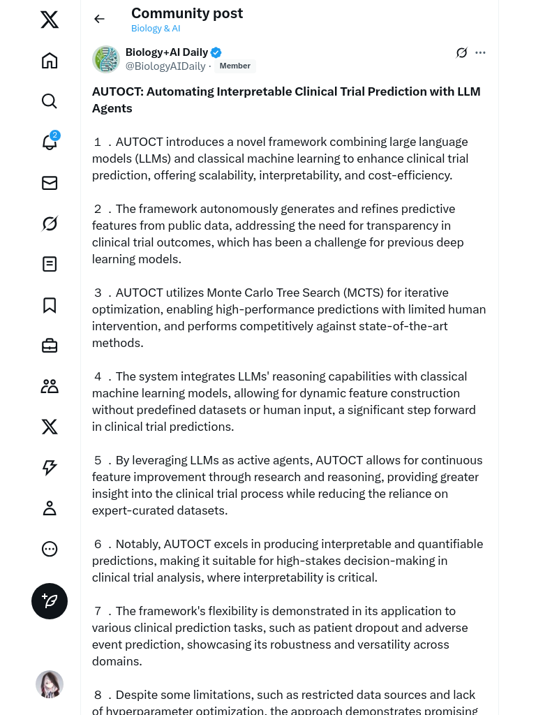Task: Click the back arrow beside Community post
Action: point(99,19)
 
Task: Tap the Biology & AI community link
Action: point(156,29)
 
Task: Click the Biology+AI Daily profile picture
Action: point(106,59)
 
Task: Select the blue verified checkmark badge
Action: point(216,52)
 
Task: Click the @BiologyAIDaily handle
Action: point(165,66)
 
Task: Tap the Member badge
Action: point(234,66)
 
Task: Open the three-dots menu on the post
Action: point(480,52)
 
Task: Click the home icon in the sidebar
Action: point(50,61)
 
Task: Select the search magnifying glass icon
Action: point(50,101)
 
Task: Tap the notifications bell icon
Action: point(49,142)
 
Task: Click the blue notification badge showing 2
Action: point(55,135)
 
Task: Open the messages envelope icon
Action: point(50,183)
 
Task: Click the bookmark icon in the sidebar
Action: point(50,305)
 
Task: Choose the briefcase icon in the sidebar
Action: point(50,346)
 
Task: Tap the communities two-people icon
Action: point(50,386)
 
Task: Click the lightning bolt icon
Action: point(50,468)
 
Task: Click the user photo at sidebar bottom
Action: point(50,684)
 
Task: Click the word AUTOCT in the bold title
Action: point(117,91)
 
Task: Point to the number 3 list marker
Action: point(98,293)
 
